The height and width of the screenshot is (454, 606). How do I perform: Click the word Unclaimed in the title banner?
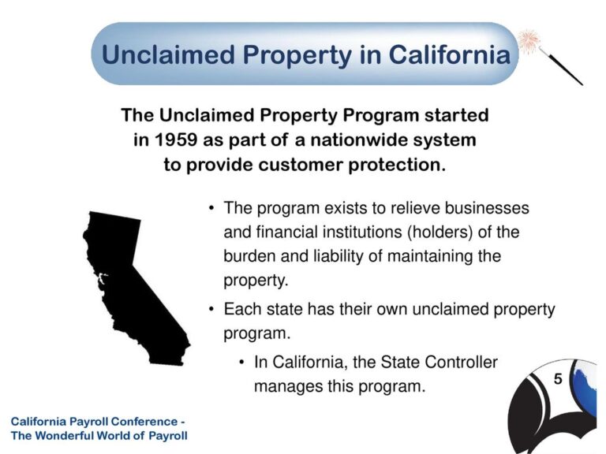(168, 54)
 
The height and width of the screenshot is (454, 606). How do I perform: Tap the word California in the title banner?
(450, 54)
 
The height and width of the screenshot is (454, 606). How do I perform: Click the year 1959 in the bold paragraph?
(176, 140)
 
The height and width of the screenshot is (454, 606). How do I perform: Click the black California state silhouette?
(132, 285)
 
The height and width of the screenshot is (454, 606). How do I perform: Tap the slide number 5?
(558, 378)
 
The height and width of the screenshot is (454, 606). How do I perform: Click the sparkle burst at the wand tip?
(529, 41)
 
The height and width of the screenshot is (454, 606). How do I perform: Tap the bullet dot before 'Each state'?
(211, 309)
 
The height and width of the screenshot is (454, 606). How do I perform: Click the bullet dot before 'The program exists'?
(211, 208)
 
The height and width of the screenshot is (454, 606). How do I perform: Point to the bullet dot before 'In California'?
(241, 363)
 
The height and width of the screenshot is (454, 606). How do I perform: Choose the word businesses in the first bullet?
(487, 208)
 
